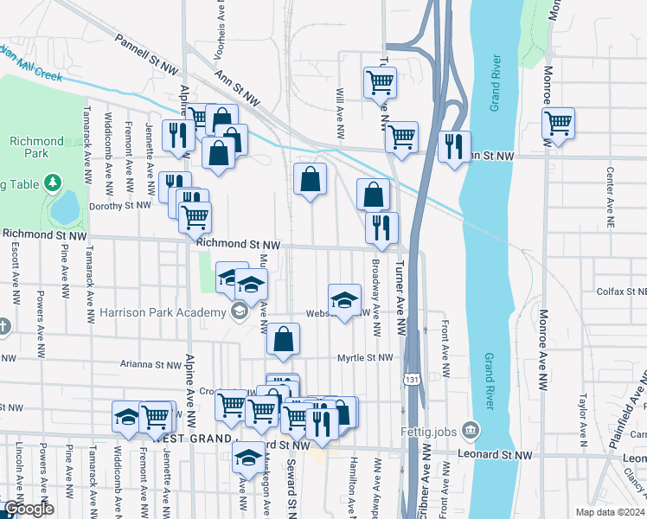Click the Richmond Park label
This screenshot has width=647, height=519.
[36, 148]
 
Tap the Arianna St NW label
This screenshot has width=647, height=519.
[151, 365]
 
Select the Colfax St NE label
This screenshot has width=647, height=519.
[620, 292]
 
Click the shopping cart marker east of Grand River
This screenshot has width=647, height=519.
[558, 123]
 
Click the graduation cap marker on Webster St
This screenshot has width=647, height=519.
[344, 300]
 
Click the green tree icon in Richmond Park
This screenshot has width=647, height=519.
[54, 182]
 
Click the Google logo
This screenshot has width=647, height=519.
[28, 509]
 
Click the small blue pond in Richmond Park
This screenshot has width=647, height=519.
[64, 208]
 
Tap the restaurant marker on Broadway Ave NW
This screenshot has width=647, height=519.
[381, 228]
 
